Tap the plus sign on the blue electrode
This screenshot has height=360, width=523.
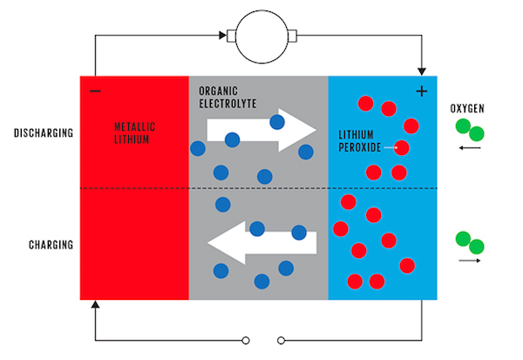coord(422,91)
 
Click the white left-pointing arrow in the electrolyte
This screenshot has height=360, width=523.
coord(261,241)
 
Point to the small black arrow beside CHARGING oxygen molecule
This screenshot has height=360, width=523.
coord(469,260)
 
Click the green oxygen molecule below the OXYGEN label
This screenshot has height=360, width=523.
coord(471,131)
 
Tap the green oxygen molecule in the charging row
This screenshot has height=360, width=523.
coord(469,241)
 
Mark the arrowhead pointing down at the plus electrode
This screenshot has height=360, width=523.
coord(422,70)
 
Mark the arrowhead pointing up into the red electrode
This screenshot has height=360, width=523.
coord(95,305)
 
